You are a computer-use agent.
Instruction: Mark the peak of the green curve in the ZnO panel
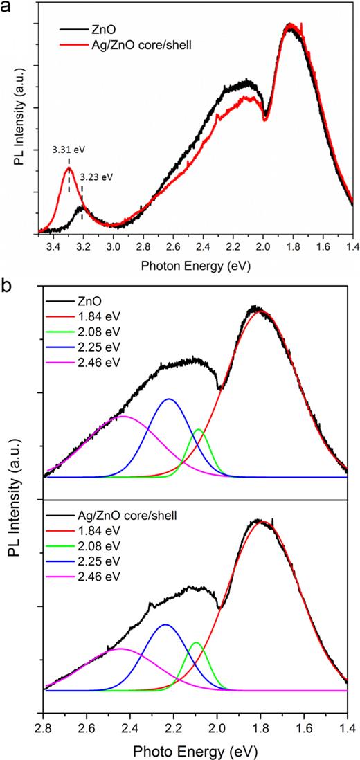click(199, 430)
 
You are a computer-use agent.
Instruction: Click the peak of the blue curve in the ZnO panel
click(168, 399)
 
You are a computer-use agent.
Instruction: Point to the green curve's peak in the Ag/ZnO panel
click(197, 643)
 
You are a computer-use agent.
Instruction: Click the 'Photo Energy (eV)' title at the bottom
click(195, 748)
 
